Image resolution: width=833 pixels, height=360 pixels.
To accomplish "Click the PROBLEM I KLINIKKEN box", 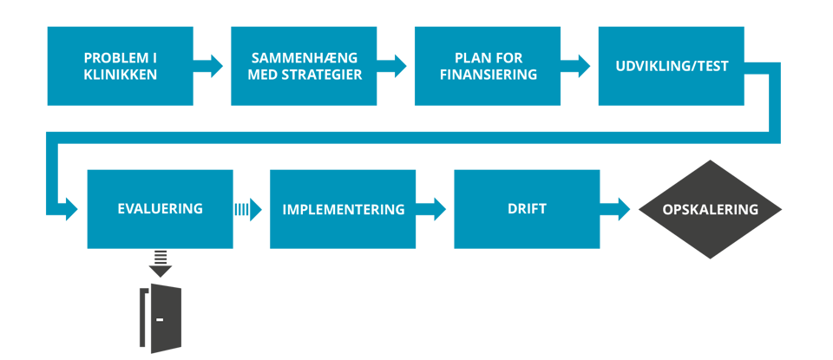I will pyautogui.click(x=120, y=66).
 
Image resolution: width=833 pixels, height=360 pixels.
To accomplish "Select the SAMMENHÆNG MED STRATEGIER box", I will pyautogui.click(x=304, y=66).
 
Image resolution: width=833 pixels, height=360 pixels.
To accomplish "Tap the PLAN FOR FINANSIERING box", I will pyautogui.click(x=487, y=66).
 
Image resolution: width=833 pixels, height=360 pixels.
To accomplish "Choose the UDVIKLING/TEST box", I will pyautogui.click(x=671, y=66).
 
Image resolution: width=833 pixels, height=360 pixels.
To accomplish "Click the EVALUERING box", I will pyautogui.click(x=160, y=209).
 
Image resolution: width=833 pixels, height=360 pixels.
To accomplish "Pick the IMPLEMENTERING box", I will pyautogui.click(x=343, y=209).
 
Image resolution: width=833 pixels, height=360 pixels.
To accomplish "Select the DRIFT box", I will pyautogui.click(x=527, y=209).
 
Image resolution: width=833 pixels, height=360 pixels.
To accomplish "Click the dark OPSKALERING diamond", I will pyautogui.click(x=710, y=209).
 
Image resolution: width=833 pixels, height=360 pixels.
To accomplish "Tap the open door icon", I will pyautogui.click(x=161, y=318).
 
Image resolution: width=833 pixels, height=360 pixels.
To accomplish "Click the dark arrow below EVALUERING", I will pyautogui.click(x=160, y=263).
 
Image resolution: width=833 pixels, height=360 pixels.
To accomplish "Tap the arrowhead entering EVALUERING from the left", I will pyautogui.click(x=69, y=209).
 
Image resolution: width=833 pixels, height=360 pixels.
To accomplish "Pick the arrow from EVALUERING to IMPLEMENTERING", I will pyautogui.click(x=251, y=209).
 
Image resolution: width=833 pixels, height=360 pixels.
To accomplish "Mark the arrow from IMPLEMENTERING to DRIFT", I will pyautogui.click(x=435, y=209).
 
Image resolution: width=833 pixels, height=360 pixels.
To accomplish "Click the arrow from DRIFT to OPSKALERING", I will pyautogui.click(x=618, y=209).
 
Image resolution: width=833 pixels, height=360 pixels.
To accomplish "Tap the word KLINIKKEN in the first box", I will pyautogui.click(x=120, y=75).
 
